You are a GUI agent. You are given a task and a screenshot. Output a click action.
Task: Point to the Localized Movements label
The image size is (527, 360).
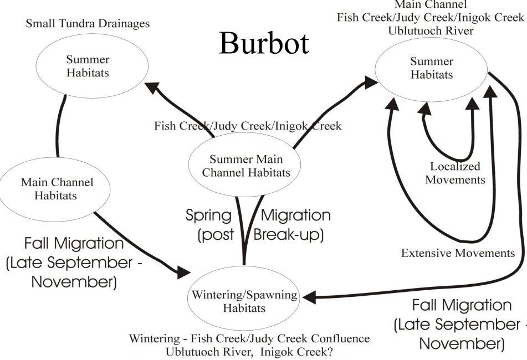[455, 173]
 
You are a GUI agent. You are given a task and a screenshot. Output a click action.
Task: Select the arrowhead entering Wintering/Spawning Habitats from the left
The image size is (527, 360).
[184, 272]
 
